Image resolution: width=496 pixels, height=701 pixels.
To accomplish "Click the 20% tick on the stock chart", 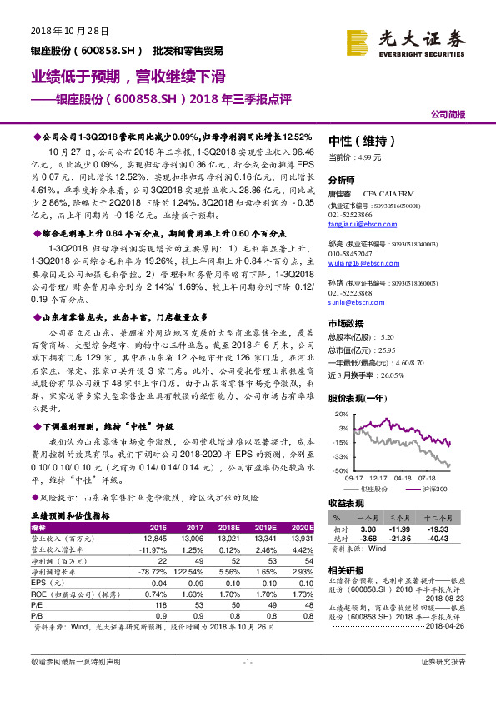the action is point(338,414).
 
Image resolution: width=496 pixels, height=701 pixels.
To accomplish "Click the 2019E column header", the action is point(263,527).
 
